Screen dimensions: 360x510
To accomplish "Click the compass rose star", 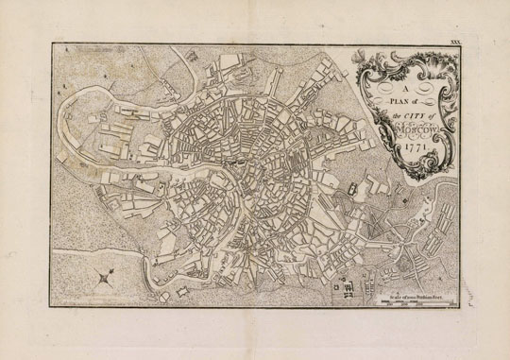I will (x=102, y=278).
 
